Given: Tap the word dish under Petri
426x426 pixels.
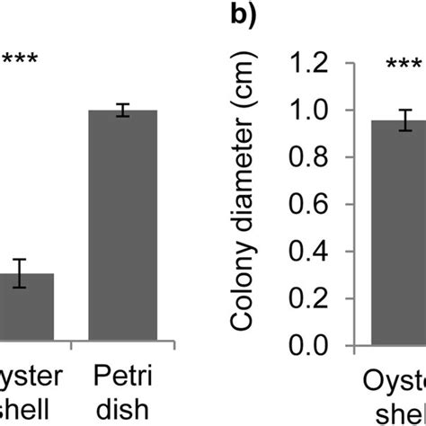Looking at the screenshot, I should (122, 408).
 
